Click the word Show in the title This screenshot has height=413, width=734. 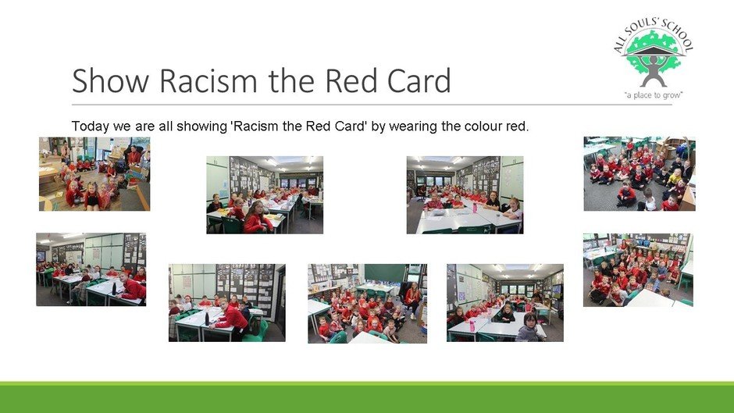tap(110, 80)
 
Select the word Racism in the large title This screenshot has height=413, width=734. tap(208, 80)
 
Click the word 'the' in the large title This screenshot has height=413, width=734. tap(291, 80)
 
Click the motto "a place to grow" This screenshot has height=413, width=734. tap(654, 95)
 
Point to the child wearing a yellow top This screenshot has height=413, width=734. tap(675, 177)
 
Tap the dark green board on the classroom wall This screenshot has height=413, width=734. tap(385, 273)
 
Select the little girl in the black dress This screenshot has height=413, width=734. tap(92, 196)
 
